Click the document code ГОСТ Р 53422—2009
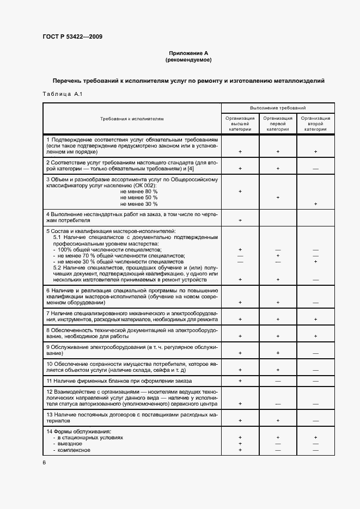72,36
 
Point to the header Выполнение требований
278,108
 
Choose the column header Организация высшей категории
240,124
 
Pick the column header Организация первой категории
278,124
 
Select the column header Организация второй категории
315,124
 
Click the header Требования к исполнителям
132,119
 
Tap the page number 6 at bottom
44,462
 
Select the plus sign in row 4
240,220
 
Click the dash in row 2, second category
315,169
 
